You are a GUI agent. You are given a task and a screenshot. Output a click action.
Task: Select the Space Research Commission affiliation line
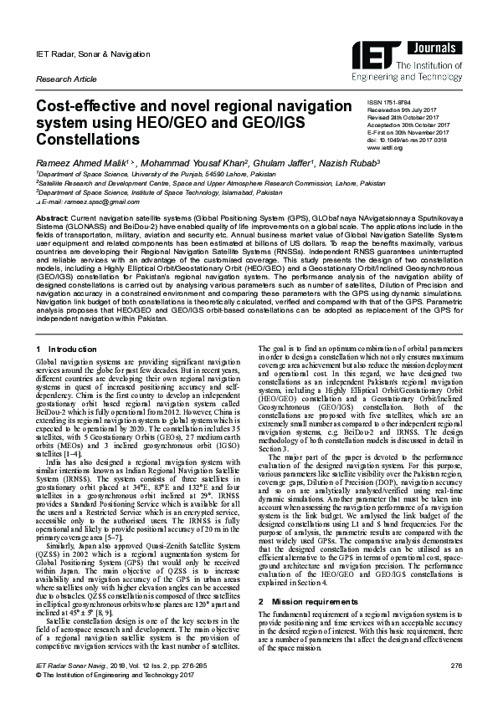coord(211,181)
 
